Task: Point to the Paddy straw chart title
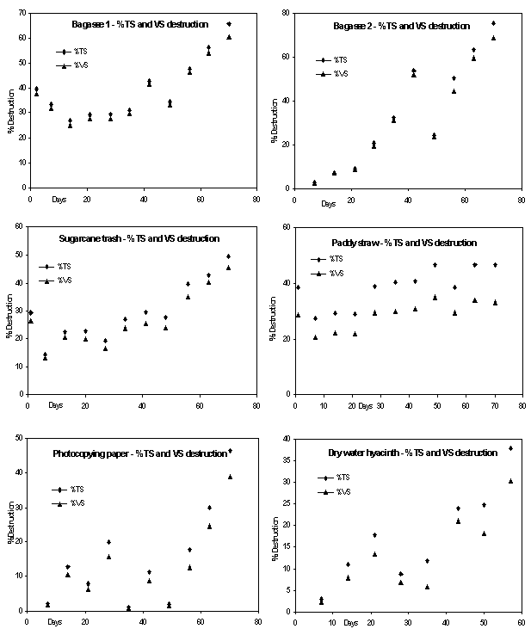tap(404, 243)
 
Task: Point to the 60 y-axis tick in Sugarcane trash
tap(20, 227)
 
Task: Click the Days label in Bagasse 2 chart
tap(329, 204)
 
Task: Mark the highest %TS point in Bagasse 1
tap(229, 24)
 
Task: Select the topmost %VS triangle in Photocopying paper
tap(230, 477)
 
